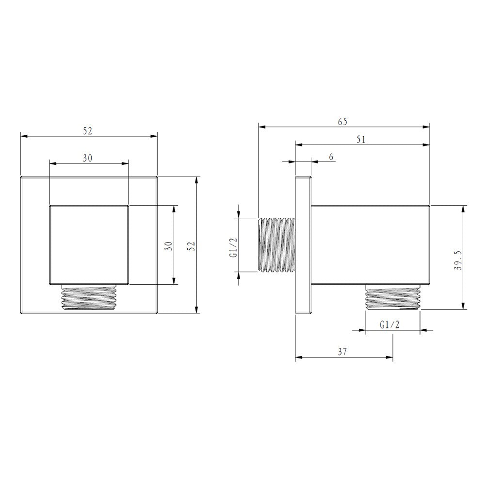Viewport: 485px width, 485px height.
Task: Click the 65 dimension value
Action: (x=342, y=122)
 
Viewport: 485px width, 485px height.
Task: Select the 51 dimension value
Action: (x=361, y=140)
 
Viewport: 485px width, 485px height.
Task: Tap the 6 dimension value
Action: (x=331, y=157)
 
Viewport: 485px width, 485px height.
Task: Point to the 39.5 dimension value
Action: (x=458, y=260)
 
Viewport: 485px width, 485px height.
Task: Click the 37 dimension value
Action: (x=342, y=351)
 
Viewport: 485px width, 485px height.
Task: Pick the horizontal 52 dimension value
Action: (x=87, y=131)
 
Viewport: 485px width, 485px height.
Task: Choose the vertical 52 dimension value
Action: (x=192, y=245)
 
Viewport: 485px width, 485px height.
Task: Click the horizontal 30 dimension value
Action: (x=87, y=158)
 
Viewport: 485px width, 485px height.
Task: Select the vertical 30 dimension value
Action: (x=169, y=245)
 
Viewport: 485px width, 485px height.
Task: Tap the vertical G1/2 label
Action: (x=234, y=247)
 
